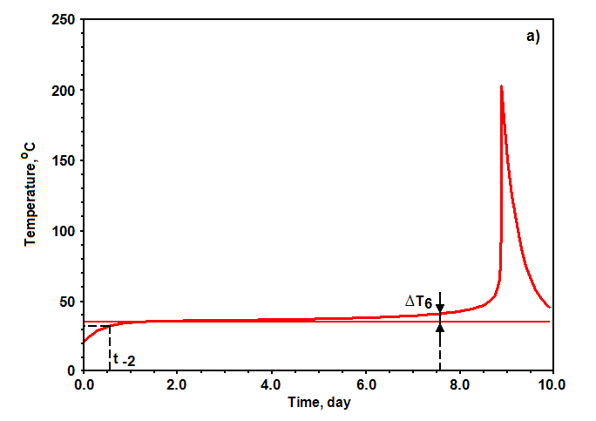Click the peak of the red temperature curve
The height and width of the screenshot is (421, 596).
pos(501,86)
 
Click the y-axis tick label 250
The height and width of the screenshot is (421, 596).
pos(63,19)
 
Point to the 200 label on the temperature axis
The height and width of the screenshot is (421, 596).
pos(63,91)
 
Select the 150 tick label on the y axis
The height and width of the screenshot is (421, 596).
pos(63,161)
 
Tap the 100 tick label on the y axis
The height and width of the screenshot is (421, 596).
pos(63,231)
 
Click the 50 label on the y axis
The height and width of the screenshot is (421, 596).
pos(67,302)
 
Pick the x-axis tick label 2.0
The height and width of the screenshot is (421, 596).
pos(176,384)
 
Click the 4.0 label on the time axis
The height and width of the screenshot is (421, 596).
pos(271,384)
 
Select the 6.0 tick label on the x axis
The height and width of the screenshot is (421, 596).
pos(366,384)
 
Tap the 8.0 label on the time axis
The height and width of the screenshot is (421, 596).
pos(459,384)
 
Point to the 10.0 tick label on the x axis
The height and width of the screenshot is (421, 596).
pos(552,384)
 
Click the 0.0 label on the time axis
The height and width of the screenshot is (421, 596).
pos(84,384)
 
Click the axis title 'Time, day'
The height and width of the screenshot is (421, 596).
pos(319,403)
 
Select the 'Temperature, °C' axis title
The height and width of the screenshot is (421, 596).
pos(30,194)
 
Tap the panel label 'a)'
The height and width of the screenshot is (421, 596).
pos(533,37)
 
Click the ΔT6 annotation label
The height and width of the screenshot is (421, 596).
pos(418,302)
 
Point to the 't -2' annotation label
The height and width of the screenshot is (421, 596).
pos(125,359)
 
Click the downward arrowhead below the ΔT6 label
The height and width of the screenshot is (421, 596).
pos(440,309)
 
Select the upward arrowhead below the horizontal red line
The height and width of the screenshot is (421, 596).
pos(440,327)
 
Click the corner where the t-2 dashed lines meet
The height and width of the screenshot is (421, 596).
pos(110,326)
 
